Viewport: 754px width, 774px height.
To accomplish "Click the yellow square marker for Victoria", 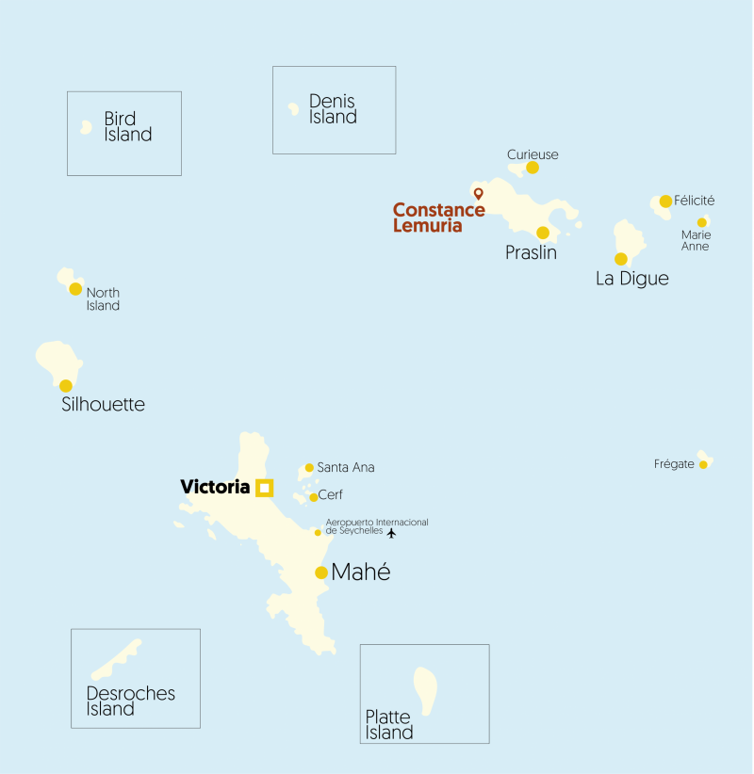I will pyautogui.click(x=265, y=487).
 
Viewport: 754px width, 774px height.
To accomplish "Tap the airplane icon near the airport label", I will pyautogui.click(x=392, y=533).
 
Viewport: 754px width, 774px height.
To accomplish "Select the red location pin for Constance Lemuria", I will pyautogui.click(x=478, y=194).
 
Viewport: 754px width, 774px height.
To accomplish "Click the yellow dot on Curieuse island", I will pyautogui.click(x=533, y=168).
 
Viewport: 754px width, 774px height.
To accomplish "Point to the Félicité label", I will pyautogui.click(x=695, y=201).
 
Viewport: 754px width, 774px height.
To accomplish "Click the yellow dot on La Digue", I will pyautogui.click(x=621, y=259).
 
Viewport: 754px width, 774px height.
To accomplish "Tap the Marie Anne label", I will pyautogui.click(x=696, y=240).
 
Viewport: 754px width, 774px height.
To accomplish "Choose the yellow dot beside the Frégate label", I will pyautogui.click(x=703, y=464).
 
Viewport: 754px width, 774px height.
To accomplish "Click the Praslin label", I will pyautogui.click(x=531, y=253).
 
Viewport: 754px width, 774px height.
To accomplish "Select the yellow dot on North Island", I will pyautogui.click(x=75, y=289).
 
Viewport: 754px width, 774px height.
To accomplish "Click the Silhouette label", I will pyautogui.click(x=103, y=405).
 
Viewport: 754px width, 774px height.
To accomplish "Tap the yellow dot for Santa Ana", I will pyautogui.click(x=309, y=467).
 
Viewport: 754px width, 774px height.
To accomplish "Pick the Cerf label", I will pyautogui.click(x=331, y=494).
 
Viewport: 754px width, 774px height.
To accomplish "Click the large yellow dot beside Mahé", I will pyautogui.click(x=321, y=572).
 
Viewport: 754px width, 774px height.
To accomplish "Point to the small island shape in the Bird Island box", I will pyautogui.click(x=86, y=126).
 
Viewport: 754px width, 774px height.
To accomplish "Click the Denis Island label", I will pyautogui.click(x=333, y=109).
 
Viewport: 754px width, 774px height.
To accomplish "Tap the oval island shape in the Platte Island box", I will pyautogui.click(x=425, y=691).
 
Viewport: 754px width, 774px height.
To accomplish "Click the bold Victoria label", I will pyautogui.click(x=215, y=487).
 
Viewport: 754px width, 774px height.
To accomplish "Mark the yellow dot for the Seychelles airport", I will pyautogui.click(x=318, y=533).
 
